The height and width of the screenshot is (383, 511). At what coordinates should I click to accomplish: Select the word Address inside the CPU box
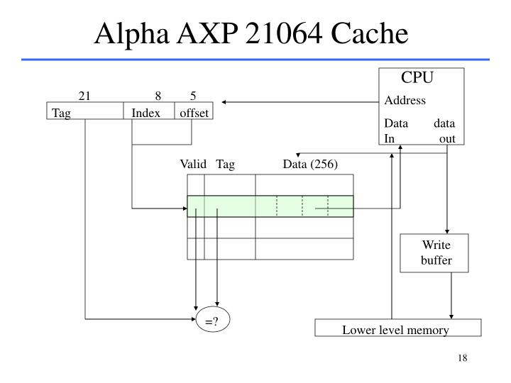405,100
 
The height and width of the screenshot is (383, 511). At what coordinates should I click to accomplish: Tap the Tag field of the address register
84,113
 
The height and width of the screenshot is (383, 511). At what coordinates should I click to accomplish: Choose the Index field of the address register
147,113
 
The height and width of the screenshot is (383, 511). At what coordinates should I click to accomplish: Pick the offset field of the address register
193,113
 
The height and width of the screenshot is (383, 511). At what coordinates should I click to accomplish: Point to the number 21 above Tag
84,96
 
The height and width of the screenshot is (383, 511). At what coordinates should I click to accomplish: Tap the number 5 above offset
193,96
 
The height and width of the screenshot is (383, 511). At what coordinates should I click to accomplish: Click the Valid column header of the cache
192,165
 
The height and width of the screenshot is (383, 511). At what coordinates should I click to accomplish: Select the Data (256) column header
310,165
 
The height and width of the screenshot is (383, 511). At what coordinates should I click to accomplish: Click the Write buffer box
436,252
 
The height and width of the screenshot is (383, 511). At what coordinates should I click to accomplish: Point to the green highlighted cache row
270,206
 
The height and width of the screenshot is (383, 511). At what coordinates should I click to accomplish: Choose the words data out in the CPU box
445,131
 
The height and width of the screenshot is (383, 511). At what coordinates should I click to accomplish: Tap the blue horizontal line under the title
255,60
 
